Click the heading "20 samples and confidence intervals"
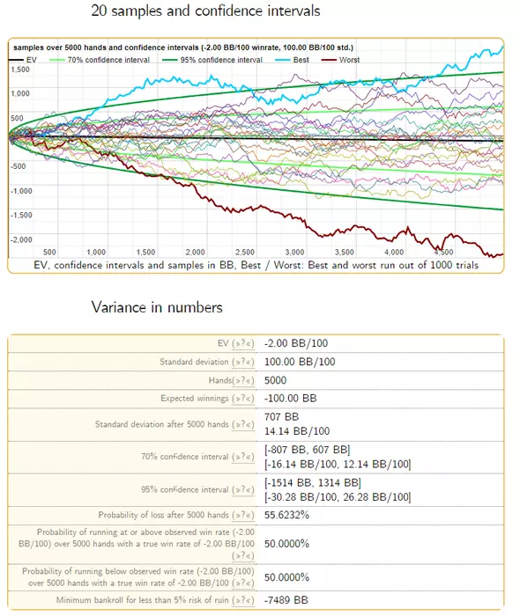coord(205,11)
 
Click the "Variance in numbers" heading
coord(157,307)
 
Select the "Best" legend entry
coord(292,60)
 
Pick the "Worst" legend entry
coord(340,60)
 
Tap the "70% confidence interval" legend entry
coord(100,60)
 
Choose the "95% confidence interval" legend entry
coord(212,60)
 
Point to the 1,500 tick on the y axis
coord(20,70)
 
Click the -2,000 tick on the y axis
coord(21,239)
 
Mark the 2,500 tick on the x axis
coord(245,252)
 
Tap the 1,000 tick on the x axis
coord(96,252)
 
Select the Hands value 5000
coord(275,380)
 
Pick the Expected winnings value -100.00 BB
coord(290,399)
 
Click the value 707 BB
coord(282,417)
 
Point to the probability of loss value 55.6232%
coord(286,515)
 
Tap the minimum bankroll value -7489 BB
coord(286,600)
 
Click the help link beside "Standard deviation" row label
coord(243,362)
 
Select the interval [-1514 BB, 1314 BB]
coord(313,482)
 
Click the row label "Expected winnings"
coord(194,399)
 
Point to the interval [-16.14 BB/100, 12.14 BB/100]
coord(338,465)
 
